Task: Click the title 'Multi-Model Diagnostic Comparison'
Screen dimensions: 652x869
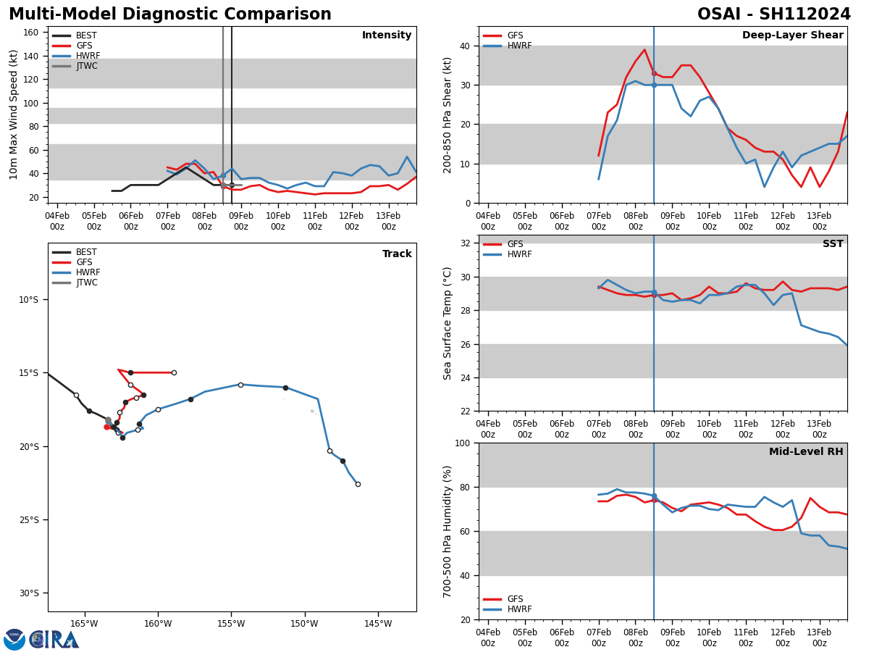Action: click(170, 14)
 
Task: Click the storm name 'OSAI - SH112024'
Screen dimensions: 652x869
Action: click(773, 14)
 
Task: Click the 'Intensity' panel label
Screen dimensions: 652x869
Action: click(387, 35)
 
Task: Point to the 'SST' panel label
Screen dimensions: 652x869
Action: click(833, 244)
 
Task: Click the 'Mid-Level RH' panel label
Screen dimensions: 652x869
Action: click(806, 452)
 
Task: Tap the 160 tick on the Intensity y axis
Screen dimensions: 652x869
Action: click(32, 33)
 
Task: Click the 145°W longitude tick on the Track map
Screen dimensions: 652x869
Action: click(378, 623)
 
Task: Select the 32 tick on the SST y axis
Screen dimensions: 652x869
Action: click(466, 243)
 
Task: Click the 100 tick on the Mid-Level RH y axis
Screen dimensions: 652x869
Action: click(462, 443)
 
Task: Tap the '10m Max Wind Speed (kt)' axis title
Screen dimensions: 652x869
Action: click(14, 114)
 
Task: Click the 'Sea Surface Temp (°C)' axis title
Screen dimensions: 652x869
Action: click(448, 323)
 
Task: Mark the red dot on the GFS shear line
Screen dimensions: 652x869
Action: click(654, 73)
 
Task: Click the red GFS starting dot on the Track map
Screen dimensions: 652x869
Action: click(106, 427)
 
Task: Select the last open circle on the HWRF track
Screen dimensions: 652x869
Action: click(358, 484)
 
